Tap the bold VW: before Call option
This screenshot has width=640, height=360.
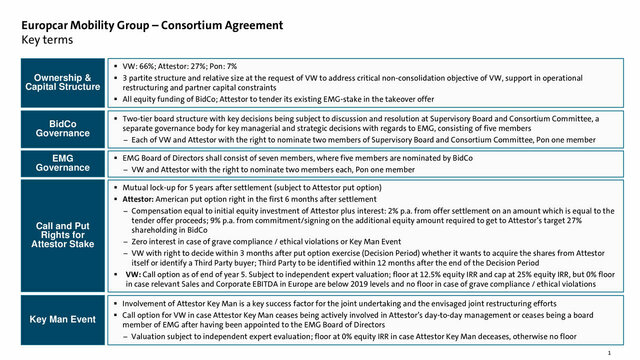[x=133, y=270]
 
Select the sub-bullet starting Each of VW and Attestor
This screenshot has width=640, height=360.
[x=380, y=139]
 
